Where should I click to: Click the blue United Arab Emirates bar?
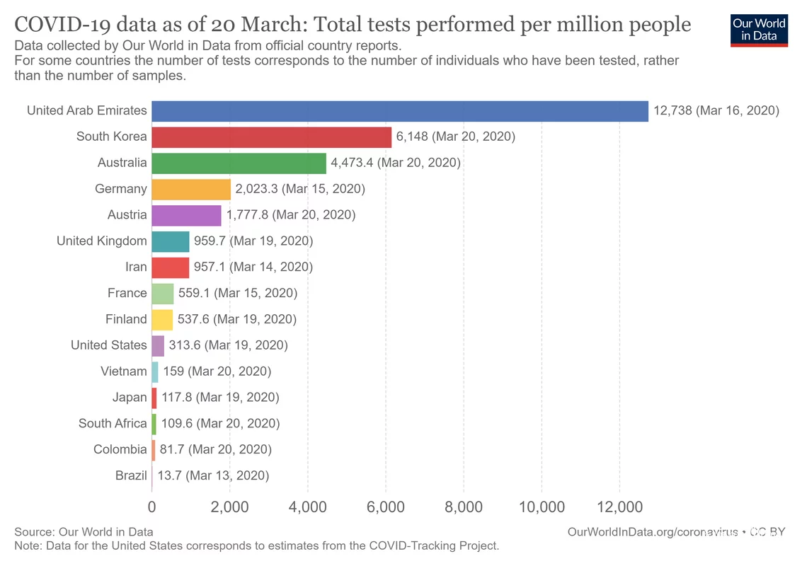(x=400, y=110)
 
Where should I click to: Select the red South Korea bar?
(x=272, y=137)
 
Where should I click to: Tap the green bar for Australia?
(x=239, y=163)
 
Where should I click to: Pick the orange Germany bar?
(x=191, y=189)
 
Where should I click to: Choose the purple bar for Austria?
(x=186, y=215)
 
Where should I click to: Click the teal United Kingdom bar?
(x=171, y=241)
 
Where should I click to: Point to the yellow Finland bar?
(x=162, y=320)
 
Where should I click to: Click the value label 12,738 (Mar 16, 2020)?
(x=716, y=110)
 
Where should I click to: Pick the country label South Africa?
(x=113, y=424)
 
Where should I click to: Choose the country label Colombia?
(x=120, y=450)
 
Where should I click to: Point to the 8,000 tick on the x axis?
(x=464, y=507)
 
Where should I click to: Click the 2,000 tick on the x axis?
(x=230, y=507)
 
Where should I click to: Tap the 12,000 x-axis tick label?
(x=619, y=507)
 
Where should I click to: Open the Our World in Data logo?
(x=760, y=29)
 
